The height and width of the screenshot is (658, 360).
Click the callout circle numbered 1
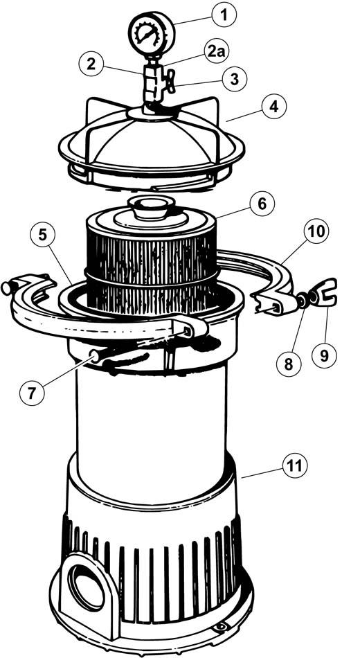pos(224,15)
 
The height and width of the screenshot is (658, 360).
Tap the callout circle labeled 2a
pos(217,52)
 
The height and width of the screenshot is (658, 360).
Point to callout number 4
pos(273,107)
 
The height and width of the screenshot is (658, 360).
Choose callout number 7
pos(32,393)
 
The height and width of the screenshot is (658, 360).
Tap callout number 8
pos(289,364)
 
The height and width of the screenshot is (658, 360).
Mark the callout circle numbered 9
pos(324,356)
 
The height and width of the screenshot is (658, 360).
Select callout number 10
pos(317,231)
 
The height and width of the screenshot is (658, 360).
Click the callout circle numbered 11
pos(296,466)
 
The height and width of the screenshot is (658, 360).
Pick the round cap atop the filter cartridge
pos(151,207)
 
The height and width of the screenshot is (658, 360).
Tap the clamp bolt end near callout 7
pos(94,357)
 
